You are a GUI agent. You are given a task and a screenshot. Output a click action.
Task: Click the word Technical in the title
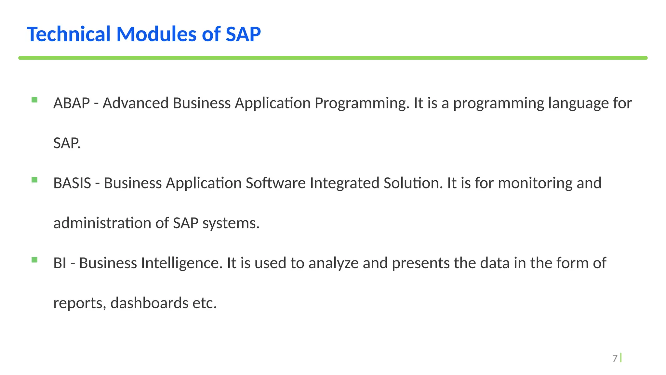69,34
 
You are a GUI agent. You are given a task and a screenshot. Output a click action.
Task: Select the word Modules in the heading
156,34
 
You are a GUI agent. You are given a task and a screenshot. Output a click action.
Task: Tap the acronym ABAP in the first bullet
72,103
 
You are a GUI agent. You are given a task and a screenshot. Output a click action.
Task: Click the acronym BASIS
72,183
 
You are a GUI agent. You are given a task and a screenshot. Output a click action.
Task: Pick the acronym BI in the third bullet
60,263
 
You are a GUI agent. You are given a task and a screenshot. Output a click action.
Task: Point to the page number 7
615,358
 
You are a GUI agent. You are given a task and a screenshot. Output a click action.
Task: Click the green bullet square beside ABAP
34,100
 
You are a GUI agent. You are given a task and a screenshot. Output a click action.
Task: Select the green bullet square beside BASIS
34,180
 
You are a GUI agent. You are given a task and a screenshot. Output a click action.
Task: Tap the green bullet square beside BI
34,260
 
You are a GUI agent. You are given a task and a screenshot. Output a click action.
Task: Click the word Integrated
344,183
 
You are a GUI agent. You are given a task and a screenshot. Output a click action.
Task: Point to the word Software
275,183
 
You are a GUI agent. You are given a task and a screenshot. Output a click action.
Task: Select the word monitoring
535,183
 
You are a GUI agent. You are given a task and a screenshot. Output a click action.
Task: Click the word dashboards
149,303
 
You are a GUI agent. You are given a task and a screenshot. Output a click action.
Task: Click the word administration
111,223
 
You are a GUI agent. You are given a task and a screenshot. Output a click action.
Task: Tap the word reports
79,303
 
